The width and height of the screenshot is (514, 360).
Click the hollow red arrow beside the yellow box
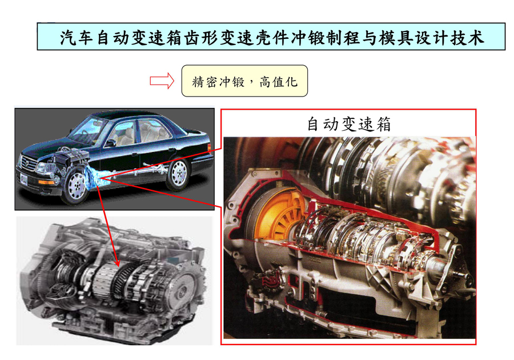click(x=162, y=81)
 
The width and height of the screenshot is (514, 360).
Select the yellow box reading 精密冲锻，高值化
click(x=244, y=81)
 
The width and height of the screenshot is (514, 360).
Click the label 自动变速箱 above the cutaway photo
click(x=349, y=124)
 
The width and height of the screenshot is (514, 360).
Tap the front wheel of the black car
click(x=76, y=186)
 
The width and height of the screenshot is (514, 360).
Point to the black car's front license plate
click(x=23, y=179)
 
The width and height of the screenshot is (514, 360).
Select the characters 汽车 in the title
click(x=77, y=37)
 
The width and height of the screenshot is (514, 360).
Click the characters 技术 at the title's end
click(x=467, y=37)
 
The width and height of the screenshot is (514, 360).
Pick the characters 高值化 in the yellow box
click(x=278, y=82)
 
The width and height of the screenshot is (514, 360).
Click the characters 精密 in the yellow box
click(x=204, y=82)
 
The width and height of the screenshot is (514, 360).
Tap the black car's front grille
click(x=29, y=163)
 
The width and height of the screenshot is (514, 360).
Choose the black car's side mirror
click(x=110, y=143)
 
